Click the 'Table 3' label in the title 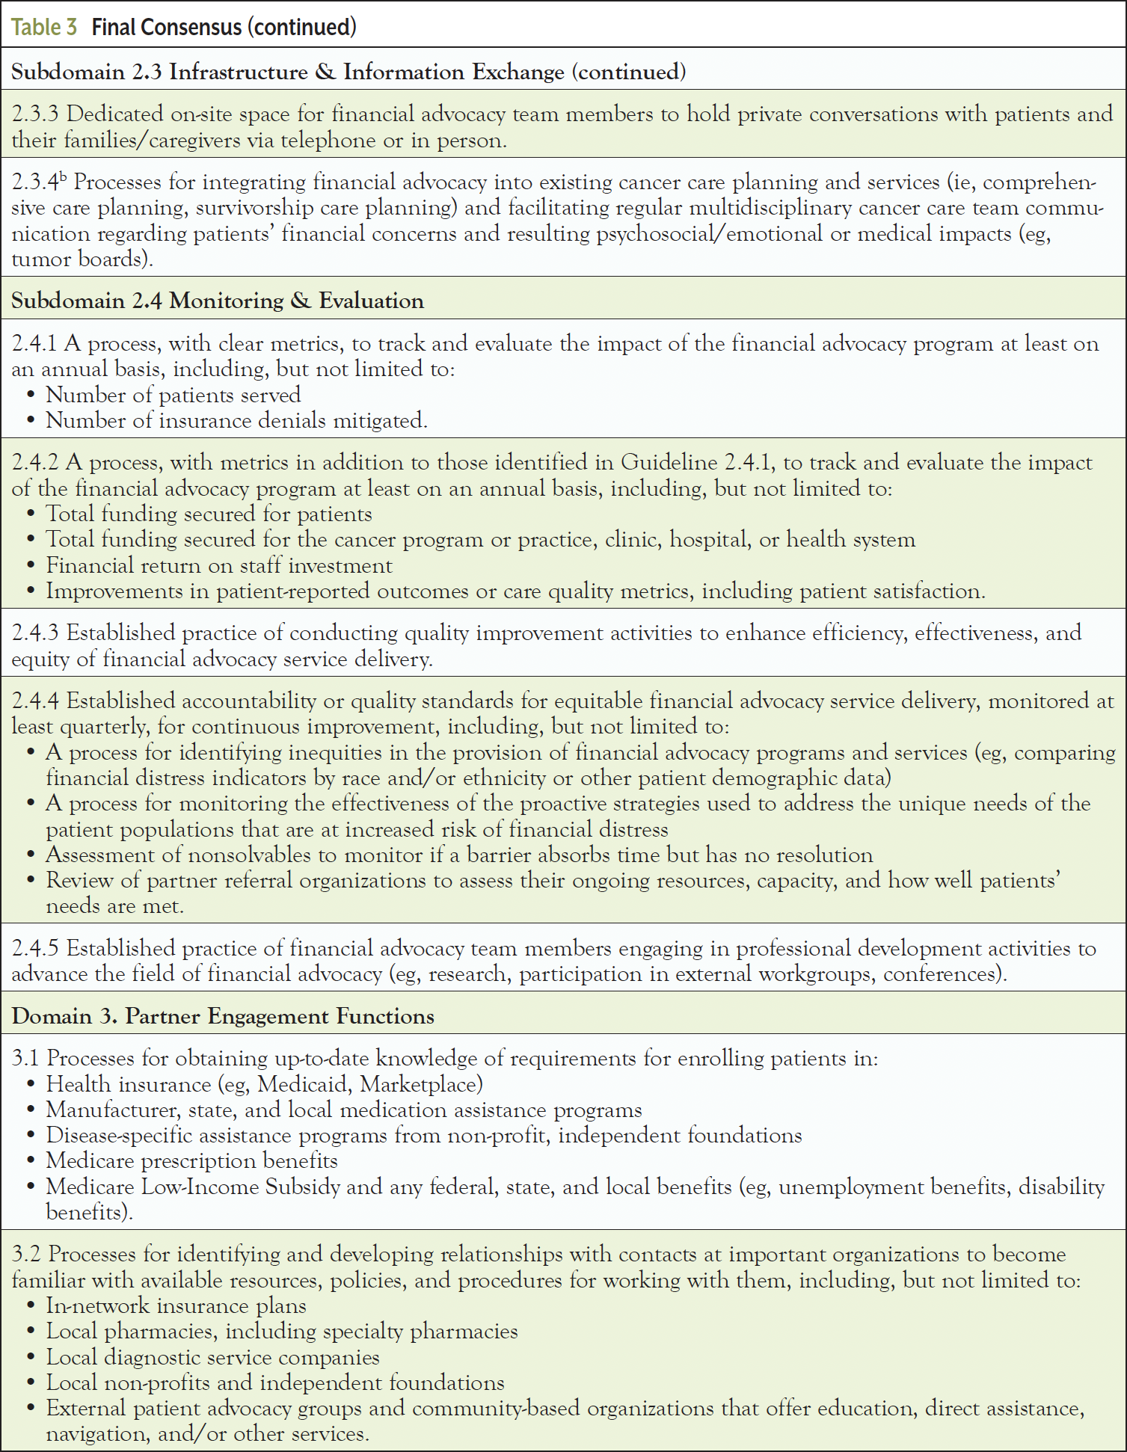[44, 28]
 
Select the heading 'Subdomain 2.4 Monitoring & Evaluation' [218, 301]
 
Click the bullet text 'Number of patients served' [173, 395]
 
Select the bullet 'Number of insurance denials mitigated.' [236, 420]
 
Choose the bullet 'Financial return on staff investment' [218, 565]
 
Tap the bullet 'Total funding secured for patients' [209, 514]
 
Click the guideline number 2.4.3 [35, 633]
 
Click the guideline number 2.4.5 [35, 949]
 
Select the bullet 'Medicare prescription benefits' [191, 1161]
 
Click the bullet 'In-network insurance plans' [176, 1306]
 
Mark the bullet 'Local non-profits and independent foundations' [275, 1383]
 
